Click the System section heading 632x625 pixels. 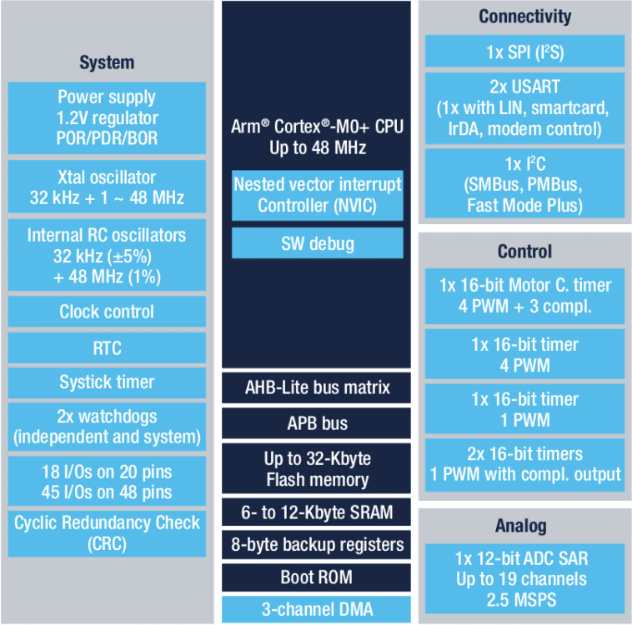(x=107, y=62)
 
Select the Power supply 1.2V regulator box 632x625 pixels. (x=107, y=117)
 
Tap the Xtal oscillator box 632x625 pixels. (x=107, y=188)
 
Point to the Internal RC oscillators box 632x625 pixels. (x=107, y=256)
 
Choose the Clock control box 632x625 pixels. (x=107, y=312)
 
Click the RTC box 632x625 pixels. (x=107, y=347)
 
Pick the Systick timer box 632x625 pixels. (x=107, y=382)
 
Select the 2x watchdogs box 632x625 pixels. (x=107, y=426)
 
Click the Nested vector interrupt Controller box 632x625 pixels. (x=317, y=195)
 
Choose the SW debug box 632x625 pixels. (x=317, y=243)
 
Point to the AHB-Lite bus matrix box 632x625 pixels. (x=317, y=387)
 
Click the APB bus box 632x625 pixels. (x=317, y=422)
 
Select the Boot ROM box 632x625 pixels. (x=317, y=577)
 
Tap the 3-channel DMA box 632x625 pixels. (x=317, y=609)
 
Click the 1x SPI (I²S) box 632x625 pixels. (x=525, y=52)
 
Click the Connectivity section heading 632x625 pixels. (x=525, y=17)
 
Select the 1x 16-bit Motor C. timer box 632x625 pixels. (x=525, y=296)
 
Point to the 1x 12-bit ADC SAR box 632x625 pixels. (x=525, y=578)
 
